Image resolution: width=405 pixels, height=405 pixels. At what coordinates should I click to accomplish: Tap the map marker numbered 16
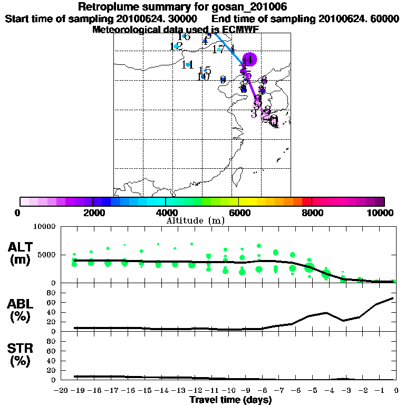pos(184,36)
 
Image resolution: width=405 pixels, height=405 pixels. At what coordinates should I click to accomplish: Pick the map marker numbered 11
pos(187,65)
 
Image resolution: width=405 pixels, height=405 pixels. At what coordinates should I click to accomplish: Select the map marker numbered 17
pos(218,50)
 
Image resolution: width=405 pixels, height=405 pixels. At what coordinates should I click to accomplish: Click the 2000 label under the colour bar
pos(93,213)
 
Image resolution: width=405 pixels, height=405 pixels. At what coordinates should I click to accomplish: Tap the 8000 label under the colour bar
pos(312,213)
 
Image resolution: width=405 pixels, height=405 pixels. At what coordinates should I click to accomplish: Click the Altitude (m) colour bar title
pos(195,220)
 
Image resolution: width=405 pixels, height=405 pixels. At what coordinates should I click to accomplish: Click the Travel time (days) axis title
pos(230,400)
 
